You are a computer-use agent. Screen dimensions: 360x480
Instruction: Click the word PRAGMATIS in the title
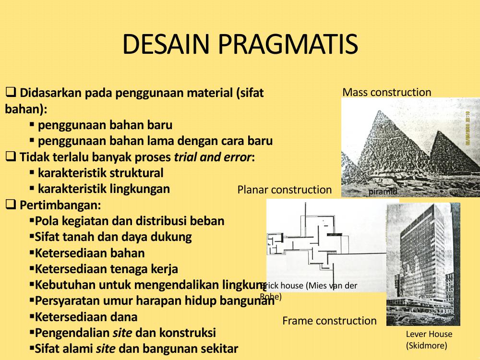click(x=288, y=44)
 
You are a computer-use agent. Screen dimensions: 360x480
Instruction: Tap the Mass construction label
click(x=386, y=92)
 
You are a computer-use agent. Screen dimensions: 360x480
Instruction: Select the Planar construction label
click(x=284, y=190)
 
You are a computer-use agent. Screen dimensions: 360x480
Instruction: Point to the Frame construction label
click(x=329, y=321)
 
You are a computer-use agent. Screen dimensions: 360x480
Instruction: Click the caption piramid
click(x=383, y=192)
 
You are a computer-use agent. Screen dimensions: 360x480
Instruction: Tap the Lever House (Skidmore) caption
click(x=429, y=339)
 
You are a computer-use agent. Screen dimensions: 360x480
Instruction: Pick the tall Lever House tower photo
click(x=422, y=259)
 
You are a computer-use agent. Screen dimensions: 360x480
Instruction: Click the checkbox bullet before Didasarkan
click(x=11, y=92)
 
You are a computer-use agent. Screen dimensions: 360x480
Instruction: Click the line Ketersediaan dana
click(x=86, y=317)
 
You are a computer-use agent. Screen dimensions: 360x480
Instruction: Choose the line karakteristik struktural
click(x=100, y=173)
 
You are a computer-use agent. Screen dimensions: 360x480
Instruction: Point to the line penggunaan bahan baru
click(x=105, y=125)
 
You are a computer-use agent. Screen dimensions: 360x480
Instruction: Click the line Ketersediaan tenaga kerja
click(x=106, y=269)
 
